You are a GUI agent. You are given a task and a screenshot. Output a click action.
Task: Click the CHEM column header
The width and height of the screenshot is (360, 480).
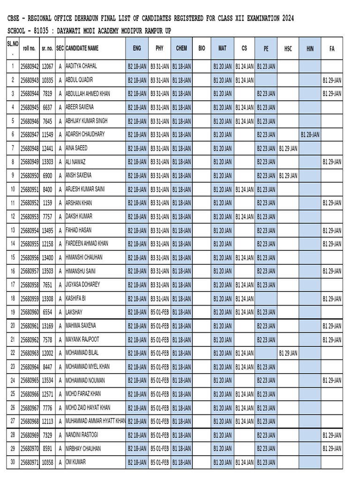coord(181,48)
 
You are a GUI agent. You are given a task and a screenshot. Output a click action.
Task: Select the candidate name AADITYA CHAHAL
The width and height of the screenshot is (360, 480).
coord(81,67)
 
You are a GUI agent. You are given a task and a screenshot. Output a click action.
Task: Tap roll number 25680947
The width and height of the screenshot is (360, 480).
coord(30,135)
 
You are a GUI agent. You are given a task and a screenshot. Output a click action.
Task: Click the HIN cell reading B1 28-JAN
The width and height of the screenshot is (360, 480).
coord(310,135)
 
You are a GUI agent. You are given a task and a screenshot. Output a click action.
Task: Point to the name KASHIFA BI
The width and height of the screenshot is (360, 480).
coord(75,298)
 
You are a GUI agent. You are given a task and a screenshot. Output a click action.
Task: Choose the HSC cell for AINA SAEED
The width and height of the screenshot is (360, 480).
coord(288,148)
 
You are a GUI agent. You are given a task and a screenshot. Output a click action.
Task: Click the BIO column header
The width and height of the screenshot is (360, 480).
coord(202,48)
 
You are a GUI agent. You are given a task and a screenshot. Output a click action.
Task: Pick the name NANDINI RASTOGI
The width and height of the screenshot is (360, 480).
coord(82,435)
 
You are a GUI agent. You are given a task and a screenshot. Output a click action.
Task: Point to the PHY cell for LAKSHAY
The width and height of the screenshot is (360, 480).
coord(159,312)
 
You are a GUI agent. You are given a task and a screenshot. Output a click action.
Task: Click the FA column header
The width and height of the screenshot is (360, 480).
coord(332,48)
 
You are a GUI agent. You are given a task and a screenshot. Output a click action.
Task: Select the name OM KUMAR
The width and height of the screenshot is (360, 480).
coord(75,462)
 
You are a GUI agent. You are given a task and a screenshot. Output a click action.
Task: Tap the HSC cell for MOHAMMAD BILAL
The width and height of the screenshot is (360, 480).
coord(288,353)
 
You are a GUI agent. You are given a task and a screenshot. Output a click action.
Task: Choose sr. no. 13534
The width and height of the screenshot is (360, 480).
coord(47,380)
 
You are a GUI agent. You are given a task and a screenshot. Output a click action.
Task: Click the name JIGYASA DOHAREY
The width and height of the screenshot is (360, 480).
coord(82,285)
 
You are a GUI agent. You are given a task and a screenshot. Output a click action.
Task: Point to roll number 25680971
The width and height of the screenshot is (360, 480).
coord(30,462)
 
